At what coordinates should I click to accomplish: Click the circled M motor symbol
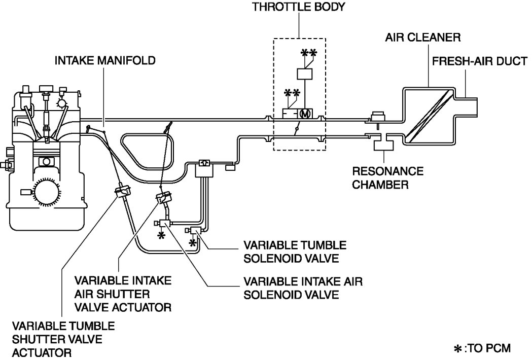(305, 113)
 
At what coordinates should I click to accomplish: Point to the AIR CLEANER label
(422, 38)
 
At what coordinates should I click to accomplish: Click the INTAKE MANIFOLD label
(105, 61)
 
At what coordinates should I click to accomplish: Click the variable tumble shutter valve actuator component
(122, 192)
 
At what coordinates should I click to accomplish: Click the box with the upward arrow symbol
(204, 163)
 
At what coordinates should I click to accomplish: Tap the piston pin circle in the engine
(47, 161)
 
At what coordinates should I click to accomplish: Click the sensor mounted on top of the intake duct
(377, 116)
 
